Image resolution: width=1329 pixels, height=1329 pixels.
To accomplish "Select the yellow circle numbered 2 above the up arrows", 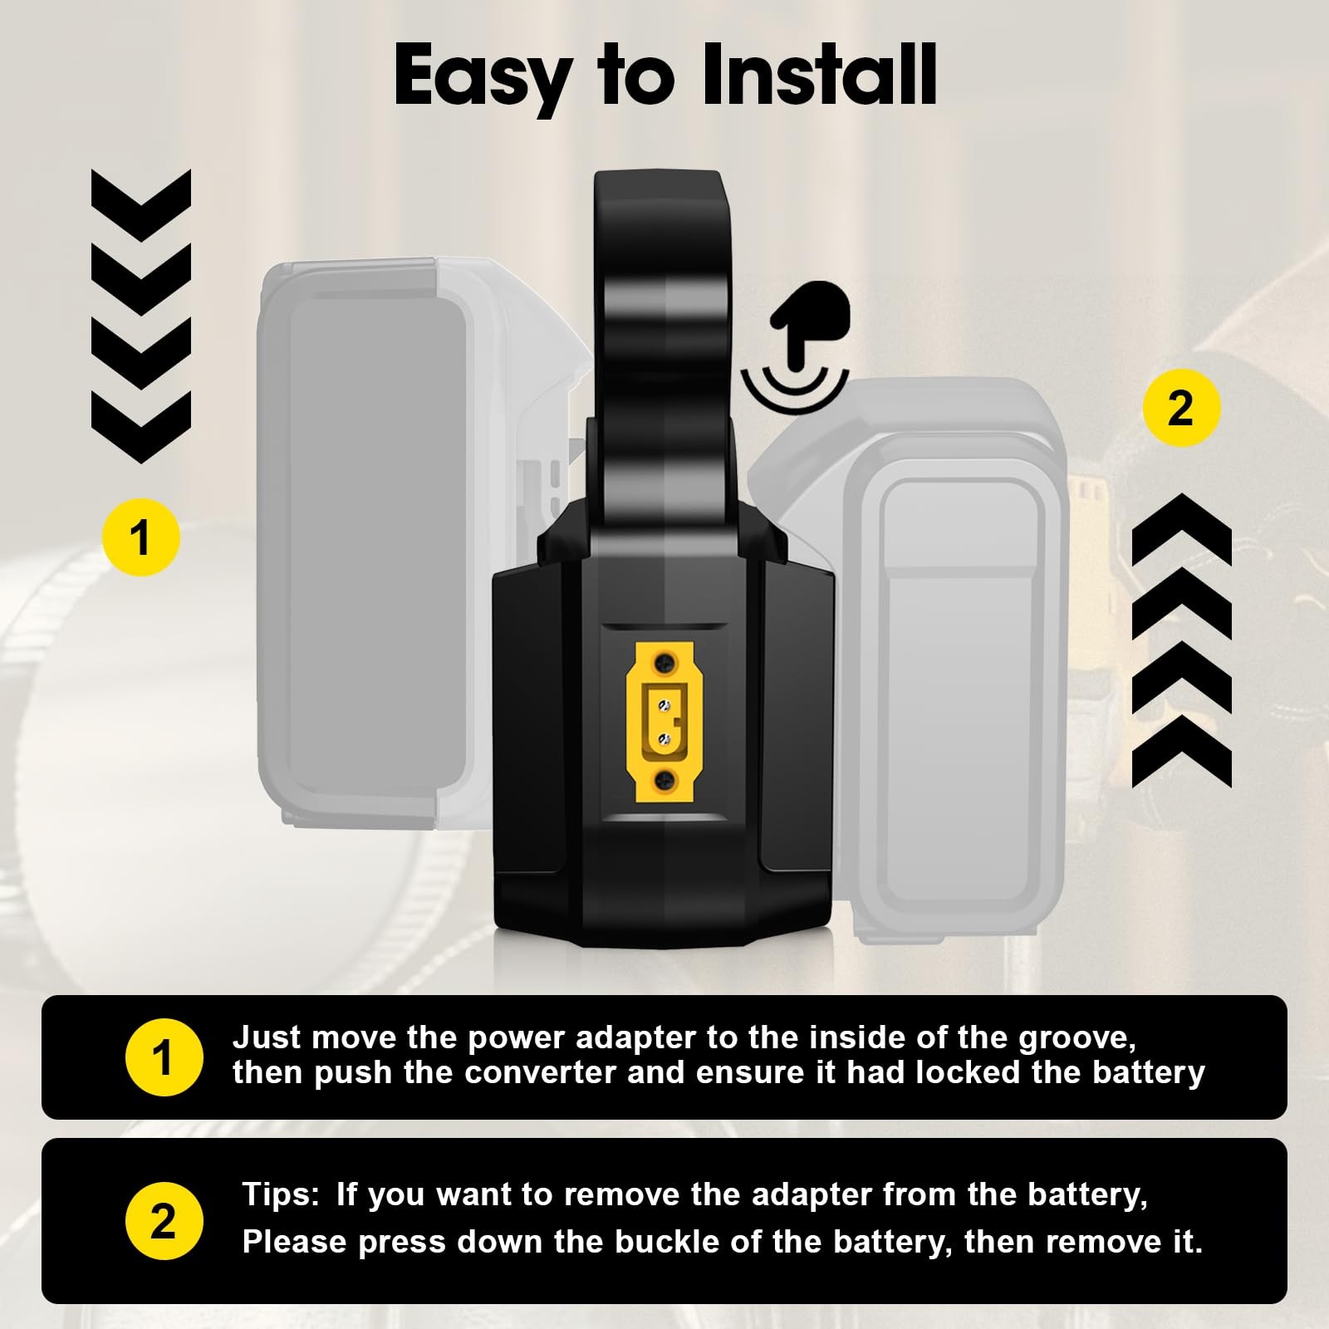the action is pyautogui.click(x=1181, y=409).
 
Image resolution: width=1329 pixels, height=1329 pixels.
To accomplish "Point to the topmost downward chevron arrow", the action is pyautogui.click(x=141, y=205).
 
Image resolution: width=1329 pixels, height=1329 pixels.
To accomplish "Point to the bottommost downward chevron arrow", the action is pyautogui.click(x=141, y=427).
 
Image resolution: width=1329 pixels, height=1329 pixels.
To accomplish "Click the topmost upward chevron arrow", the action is pyautogui.click(x=1181, y=529).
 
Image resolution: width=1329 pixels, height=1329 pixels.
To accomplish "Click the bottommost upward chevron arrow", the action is pyautogui.click(x=1181, y=752).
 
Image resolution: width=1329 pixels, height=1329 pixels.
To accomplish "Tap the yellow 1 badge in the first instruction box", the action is pyautogui.click(x=164, y=1057).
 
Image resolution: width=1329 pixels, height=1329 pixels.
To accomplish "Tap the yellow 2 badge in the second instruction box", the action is pyautogui.click(x=164, y=1221).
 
